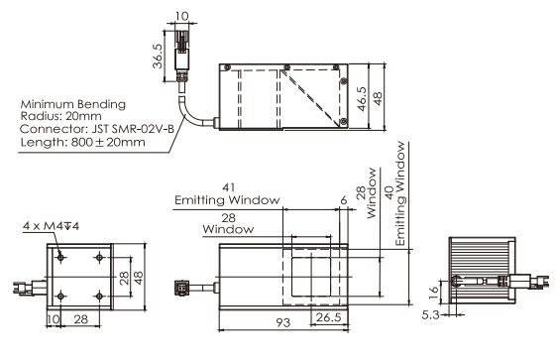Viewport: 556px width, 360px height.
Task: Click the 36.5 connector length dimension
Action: [158, 57]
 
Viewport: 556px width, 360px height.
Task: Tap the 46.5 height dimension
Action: [362, 99]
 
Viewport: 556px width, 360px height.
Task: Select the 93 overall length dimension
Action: [283, 322]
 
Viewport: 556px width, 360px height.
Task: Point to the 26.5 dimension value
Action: [328, 317]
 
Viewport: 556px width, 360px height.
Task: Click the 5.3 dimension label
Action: [430, 314]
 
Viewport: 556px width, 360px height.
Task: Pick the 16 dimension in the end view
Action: [433, 293]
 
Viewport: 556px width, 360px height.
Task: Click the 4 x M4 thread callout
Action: [52, 225]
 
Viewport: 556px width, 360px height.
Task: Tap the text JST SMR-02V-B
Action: [133, 129]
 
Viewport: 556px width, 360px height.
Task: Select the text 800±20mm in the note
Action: [108, 142]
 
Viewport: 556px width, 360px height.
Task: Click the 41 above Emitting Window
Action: [228, 186]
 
